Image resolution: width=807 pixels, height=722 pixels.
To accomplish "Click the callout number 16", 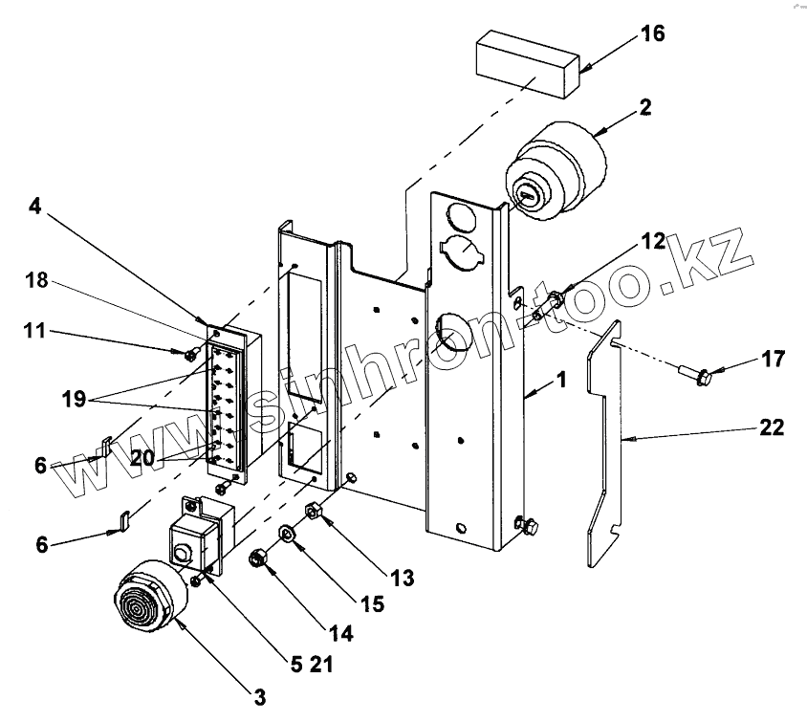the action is point(653,33).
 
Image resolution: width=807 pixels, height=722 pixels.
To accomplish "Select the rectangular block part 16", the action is point(528,63).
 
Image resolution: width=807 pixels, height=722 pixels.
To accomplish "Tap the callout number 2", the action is point(645,107).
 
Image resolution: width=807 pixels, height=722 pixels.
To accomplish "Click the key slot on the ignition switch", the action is point(527,194).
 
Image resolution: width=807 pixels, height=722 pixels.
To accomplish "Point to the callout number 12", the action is point(653,241).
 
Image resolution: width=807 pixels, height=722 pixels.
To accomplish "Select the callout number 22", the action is point(772,427).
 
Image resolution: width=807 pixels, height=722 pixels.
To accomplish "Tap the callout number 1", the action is point(561,381).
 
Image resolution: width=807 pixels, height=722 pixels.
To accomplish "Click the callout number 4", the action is point(34,207).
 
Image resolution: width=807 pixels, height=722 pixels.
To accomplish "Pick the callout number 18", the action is point(36,280).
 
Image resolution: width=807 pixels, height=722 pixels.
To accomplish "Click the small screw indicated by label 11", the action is point(192,353).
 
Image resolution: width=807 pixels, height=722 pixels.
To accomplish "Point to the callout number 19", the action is point(74,399).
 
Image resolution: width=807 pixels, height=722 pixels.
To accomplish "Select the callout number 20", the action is point(142,458).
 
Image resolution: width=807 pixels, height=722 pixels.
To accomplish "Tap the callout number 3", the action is point(260,698).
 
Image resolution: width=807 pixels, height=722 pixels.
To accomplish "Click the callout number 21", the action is point(321,665).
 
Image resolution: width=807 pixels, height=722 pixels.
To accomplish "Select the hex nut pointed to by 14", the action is point(256,558).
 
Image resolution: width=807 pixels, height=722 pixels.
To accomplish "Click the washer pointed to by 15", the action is point(287,534).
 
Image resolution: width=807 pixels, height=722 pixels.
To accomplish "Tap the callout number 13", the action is point(402,578).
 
